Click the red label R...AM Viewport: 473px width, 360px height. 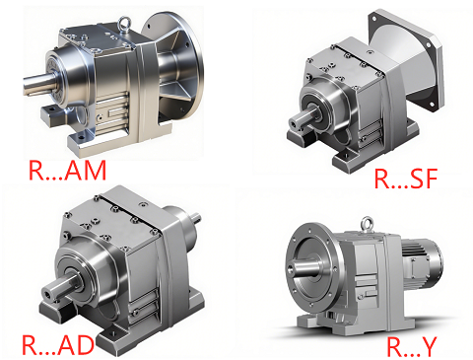click(68, 170)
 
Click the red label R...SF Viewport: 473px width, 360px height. click(406, 179)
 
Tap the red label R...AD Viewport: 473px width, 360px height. click(58, 344)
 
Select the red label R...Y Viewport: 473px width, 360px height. click(412, 346)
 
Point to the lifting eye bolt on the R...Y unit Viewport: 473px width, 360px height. click(368, 224)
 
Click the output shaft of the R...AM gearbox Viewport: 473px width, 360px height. click(37, 84)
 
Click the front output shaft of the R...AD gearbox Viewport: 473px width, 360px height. click(60, 288)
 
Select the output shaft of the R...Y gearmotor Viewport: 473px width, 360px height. click(303, 266)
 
